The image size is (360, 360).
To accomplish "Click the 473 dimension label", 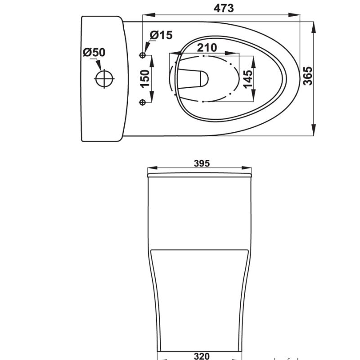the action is [224, 8].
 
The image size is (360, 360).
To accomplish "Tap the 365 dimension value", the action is [308, 76].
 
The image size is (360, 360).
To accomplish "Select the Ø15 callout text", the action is [161, 35].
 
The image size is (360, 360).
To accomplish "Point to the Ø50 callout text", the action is [94, 52].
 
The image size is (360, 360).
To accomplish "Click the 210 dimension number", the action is [207, 48].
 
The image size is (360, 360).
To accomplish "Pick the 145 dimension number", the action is [248, 79].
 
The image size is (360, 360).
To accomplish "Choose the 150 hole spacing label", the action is [145, 79].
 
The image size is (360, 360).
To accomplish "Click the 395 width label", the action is [202, 163].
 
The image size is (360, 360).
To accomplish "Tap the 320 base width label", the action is [202, 356].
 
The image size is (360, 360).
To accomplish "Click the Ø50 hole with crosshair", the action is [104, 79].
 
